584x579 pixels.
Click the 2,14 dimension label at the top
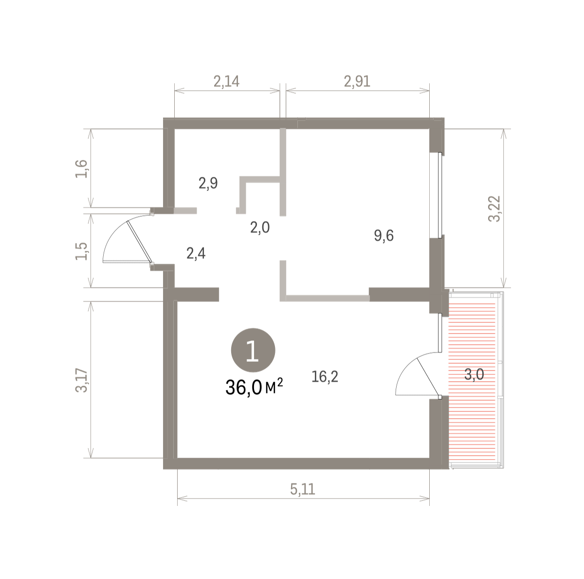pyautogui.click(x=226, y=82)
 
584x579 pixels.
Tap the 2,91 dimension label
pyautogui.click(x=357, y=82)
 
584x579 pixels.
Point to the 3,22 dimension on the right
pyautogui.click(x=494, y=209)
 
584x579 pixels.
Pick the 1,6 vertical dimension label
pyautogui.click(x=81, y=168)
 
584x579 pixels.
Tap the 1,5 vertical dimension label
pyautogui.click(x=81, y=251)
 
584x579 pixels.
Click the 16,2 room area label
pyautogui.click(x=325, y=376)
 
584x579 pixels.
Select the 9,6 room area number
pyautogui.click(x=383, y=235)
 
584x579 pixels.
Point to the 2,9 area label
pyautogui.click(x=208, y=183)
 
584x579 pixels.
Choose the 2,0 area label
pyautogui.click(x=260, y=227)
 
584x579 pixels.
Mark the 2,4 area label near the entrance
pyautogui.click(x=196, y=253)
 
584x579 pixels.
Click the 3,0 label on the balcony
pyautogui.click(x=474, y=374)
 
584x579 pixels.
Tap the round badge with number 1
pyautogui.click(x=253, y=350)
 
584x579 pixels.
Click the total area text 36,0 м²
pyautogui.click(x=254, y=388)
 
